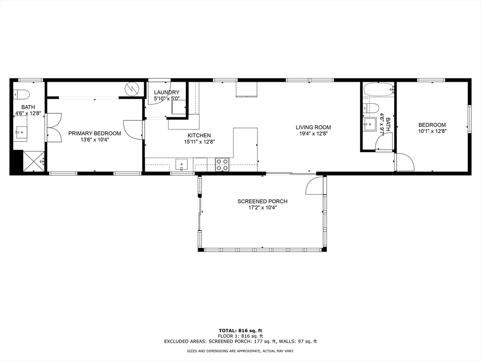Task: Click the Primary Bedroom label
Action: [94, 133]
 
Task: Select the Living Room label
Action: [313, 127]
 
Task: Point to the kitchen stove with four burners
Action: [222, 165]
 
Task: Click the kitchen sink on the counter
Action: [181, 165]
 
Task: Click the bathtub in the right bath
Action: [378, 89]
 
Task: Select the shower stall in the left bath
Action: [33, 161]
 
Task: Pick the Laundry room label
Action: [167, 92]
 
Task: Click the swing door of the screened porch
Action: [314, 187]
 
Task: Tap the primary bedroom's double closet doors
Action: [53, 127]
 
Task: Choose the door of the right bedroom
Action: [405, 162]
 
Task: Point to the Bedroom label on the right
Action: [432, 125]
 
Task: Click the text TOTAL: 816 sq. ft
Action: [240, 330]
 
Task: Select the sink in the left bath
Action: [21, 132]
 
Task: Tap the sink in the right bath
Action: [370, 125]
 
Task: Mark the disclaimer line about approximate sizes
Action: [240, 351]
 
